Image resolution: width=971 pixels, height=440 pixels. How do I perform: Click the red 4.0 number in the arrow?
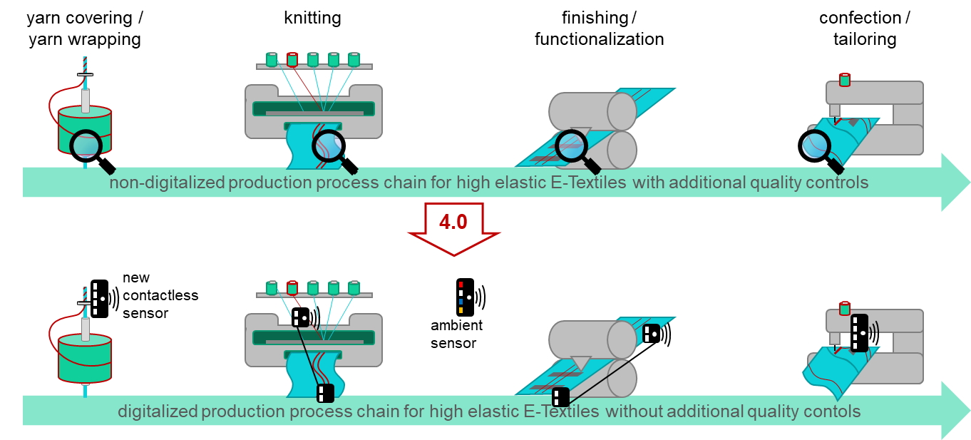pyautogui.click(x=453, y=222)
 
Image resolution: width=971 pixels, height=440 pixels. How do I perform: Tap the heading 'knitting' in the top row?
pyautogui.click(x=312, y=19)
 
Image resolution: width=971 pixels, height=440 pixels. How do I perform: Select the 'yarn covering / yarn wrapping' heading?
pyautogui.click(x=85, y=29)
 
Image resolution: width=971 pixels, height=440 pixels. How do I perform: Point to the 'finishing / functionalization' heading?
pyautogui.click(x=599, y=29)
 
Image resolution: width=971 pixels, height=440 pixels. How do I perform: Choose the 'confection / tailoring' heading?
pyautogui.click(x=865, y=29)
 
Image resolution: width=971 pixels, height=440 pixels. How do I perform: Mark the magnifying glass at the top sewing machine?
pyautogui.click(x=817, y=148)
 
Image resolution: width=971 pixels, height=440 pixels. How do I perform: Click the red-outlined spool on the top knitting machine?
pyautogui.click(x=292, y=60)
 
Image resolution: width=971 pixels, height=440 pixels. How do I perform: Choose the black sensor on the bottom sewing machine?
pyautogui.click(x=860, y=333)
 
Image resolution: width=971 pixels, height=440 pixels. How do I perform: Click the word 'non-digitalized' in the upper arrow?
pyautogui.click(x=167, y=183)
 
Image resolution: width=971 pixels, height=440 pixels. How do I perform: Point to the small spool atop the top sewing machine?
pyautogui.click(x=845, y=79)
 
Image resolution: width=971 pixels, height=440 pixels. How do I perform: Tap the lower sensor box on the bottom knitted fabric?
pyautogui.click(x=325, y=393)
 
